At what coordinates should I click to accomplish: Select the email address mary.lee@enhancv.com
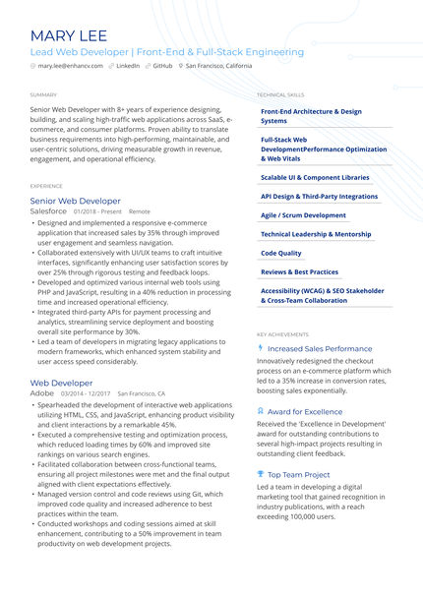coord(70,66)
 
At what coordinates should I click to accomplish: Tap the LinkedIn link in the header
coord(128,66)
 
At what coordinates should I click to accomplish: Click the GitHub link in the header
coord(162,66)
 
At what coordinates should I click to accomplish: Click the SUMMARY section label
coord(43,94)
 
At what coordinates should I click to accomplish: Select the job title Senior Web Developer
coord(76,201)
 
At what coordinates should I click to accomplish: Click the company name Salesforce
coord(49,211)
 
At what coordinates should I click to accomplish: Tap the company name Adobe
coord(42,392)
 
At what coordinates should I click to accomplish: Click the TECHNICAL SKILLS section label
coord(279,94)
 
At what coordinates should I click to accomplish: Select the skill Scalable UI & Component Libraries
coord(315,178)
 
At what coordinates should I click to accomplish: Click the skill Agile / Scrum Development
coord(303,214)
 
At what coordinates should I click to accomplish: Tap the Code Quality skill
coord(281,253)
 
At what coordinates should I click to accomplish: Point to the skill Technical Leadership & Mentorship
coord(316,234)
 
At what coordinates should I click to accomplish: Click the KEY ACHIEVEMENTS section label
coord(281,334)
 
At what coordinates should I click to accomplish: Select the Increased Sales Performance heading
coord(320,348)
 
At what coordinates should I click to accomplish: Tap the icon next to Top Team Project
coord(260,474)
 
